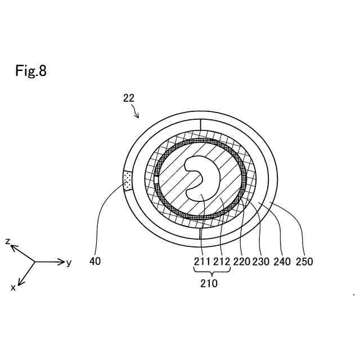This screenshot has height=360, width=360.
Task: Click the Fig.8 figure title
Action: point(31,73)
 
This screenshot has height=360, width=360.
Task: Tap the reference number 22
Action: point(129,98)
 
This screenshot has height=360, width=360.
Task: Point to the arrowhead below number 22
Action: point(137,116)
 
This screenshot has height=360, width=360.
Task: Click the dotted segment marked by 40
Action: point(127,181)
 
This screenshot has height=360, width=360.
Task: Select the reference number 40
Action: point(95,262)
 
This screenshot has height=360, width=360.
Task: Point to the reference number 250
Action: point(304,262)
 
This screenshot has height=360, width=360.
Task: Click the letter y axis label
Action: point(69,263)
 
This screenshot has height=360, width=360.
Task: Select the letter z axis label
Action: point(8,241)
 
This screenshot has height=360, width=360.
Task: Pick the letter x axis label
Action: point(13,287)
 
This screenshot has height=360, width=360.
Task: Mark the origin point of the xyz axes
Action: point(35,262)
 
